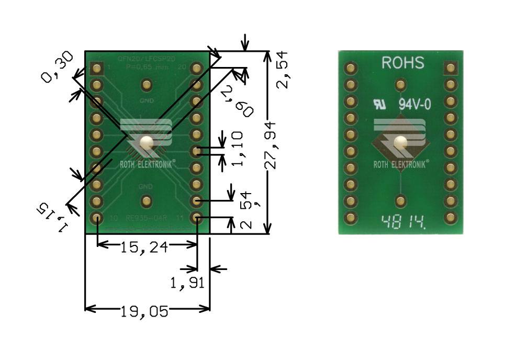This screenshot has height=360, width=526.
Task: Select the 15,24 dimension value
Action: pyautogui.click(x=144, y=246)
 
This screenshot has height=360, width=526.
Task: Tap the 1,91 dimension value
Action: pyautogui.click(x=186, y=283)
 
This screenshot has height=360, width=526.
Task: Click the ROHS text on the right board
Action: pyautogui.click(x=402, y=63)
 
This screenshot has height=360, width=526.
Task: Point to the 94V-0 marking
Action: pyautogui.click(x=415, y=104)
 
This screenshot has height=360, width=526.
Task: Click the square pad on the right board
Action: pyautogui.click(x=451, y=67)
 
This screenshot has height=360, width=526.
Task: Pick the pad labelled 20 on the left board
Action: pyautogui.click(x=196, y=67)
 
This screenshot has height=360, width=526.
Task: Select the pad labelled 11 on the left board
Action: pyautogui.click(x=196, y=218)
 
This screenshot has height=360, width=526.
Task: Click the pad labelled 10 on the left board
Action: pyautogui.click(x=97, y=218)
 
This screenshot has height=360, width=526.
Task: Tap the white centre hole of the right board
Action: pyautogui.click(x=400, y=142)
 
